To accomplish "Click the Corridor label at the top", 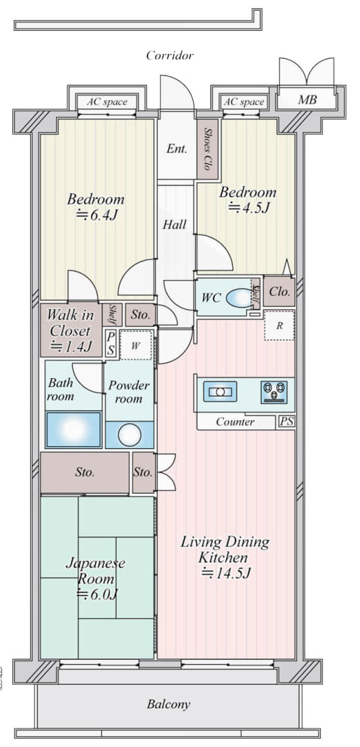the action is pyautogui.click(x=170, y=55).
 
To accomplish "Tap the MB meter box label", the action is pyautogui.click(x=307, y=100).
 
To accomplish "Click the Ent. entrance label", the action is pyautogui.click(x=176, y=148).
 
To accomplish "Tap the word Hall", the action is pyautogui.click(x=174, y=225).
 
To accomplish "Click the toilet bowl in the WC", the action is pyautogui.click(x=239, y=299).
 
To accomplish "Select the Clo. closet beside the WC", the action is pyautogui.click(x=279, y=292).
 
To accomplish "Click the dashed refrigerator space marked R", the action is pyautogui.click(x=280, y=325).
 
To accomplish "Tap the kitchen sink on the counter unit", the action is pyautogui.click(x=220, y=391).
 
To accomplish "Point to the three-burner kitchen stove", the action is pyautogui.click(x=274, y=391).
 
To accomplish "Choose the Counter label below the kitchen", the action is pyautogui.click(x=235, y=422).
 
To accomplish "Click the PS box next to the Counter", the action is pyautogui.click(x=286, y=422).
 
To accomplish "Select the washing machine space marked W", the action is pyautogui.click(x=136, y=345).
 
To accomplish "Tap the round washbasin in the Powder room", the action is pyautogui.click(x=130, y=435).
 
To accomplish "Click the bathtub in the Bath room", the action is pyautogui.click(x=74, y=430).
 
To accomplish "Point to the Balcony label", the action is pyautogui.click(x=168, y=704).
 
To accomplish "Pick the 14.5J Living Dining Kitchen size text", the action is pyautogui.click(x=225, y=573).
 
